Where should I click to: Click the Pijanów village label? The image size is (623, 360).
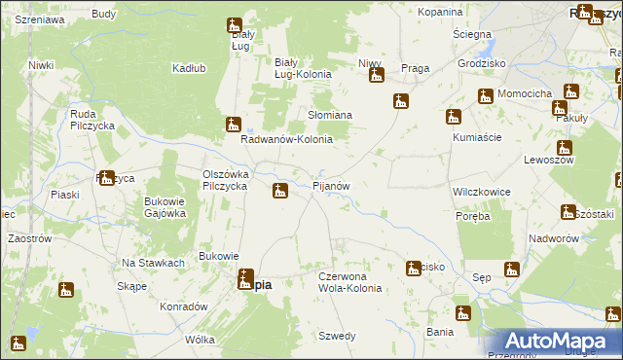coord(337,185)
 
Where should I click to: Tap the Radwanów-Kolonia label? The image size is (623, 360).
coord(287,139)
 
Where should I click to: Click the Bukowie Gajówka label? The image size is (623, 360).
coord(165,207)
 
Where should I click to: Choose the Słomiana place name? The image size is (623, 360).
coord(330,115)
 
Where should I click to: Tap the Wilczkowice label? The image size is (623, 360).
coord(482,192)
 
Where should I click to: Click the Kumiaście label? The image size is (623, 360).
coord(477,137)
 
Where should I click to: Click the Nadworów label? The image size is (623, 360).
coord(555,238)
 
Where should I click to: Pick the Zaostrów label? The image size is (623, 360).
coord(28,237)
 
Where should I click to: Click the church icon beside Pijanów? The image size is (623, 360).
coord(279,190)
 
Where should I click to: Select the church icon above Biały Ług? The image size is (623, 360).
coord(234,26)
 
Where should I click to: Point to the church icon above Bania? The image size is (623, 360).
coord(462,313)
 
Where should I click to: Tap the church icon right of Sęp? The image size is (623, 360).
coord(512,270)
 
